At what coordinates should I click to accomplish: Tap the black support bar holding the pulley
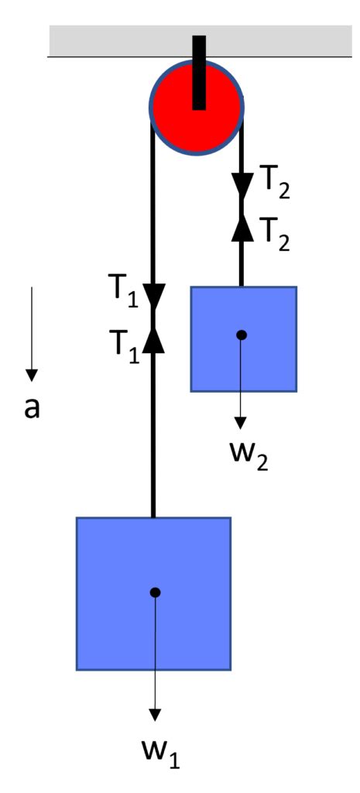[199, 72]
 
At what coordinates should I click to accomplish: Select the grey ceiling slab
[201, 40]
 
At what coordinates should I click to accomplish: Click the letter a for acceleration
[32, 409]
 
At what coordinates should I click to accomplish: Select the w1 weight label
[162, 752]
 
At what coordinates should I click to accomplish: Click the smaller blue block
[243, 339]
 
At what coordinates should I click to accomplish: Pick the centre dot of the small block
[242, 335]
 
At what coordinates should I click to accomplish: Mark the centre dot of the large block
[155, 592]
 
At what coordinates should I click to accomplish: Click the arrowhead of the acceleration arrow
[32, 376]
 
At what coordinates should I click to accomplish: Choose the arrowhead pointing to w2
[241, 422]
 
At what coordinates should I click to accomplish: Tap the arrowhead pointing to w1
[155, 715]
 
